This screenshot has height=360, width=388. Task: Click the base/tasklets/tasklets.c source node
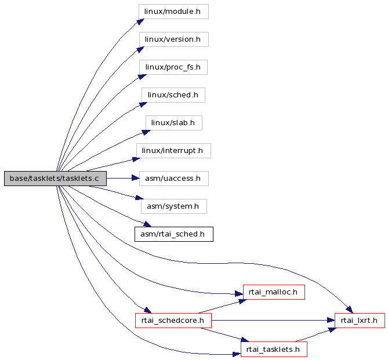click(55, 179)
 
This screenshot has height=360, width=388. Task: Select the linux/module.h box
click(173, 12)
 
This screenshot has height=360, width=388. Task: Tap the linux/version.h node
click(174, 39)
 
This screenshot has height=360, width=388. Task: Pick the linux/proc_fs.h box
click(173, 67)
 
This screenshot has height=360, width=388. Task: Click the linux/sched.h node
click(173, 95)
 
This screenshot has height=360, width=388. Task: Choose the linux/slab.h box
click(174, 123)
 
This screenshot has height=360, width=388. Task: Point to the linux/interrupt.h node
click(173, 151)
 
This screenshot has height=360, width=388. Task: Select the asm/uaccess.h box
click(174, 179)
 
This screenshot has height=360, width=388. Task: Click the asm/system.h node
click(174, 206)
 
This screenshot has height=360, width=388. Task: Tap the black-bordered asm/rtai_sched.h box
click(174, 234)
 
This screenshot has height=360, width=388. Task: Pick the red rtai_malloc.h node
click(274, 292)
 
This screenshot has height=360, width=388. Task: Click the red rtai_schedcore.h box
click(173, 321)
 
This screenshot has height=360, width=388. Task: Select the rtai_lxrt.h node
click(360, 321)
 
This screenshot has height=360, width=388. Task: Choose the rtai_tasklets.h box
click(274, 350)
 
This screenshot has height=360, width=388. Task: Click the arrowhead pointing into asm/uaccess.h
click(136, 178)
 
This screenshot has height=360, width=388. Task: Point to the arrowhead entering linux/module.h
click(140, 21)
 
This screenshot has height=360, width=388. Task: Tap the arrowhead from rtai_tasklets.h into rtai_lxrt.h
click(332, 330)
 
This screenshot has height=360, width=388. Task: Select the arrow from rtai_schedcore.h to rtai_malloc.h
click(222, 307)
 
